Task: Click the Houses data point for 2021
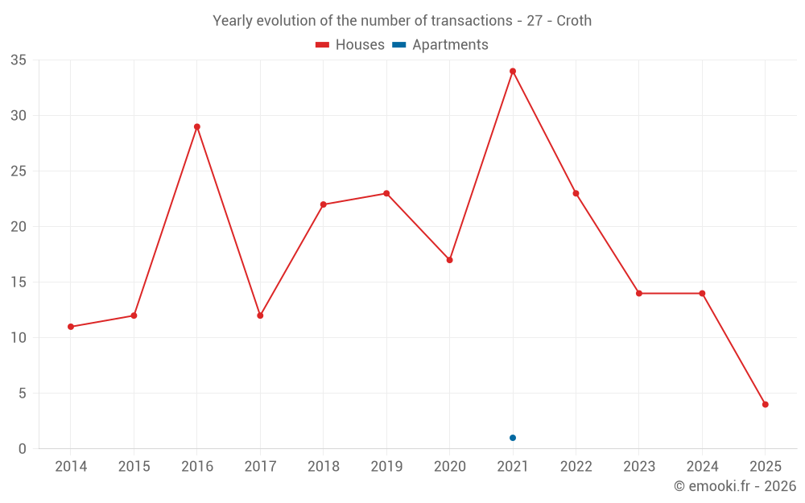(513, 71)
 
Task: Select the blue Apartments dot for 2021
(513, 438)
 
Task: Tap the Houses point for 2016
(197, 126)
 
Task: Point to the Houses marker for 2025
(766, 404)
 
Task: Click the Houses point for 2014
(71, 327)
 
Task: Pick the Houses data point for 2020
(450, 260)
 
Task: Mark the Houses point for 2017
(260, 315)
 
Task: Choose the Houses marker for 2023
(639, 293)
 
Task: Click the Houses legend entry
(350, 45)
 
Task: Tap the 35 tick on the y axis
(19, 60)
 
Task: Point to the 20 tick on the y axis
(19, 227)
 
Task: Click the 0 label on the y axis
(23, 449)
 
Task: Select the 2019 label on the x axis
(386, 467)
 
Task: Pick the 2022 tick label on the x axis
(576, 467)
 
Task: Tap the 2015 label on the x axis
(134, 467)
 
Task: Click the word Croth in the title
(574, 21)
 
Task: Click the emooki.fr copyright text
(735, 486)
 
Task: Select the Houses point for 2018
(324, 204)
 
